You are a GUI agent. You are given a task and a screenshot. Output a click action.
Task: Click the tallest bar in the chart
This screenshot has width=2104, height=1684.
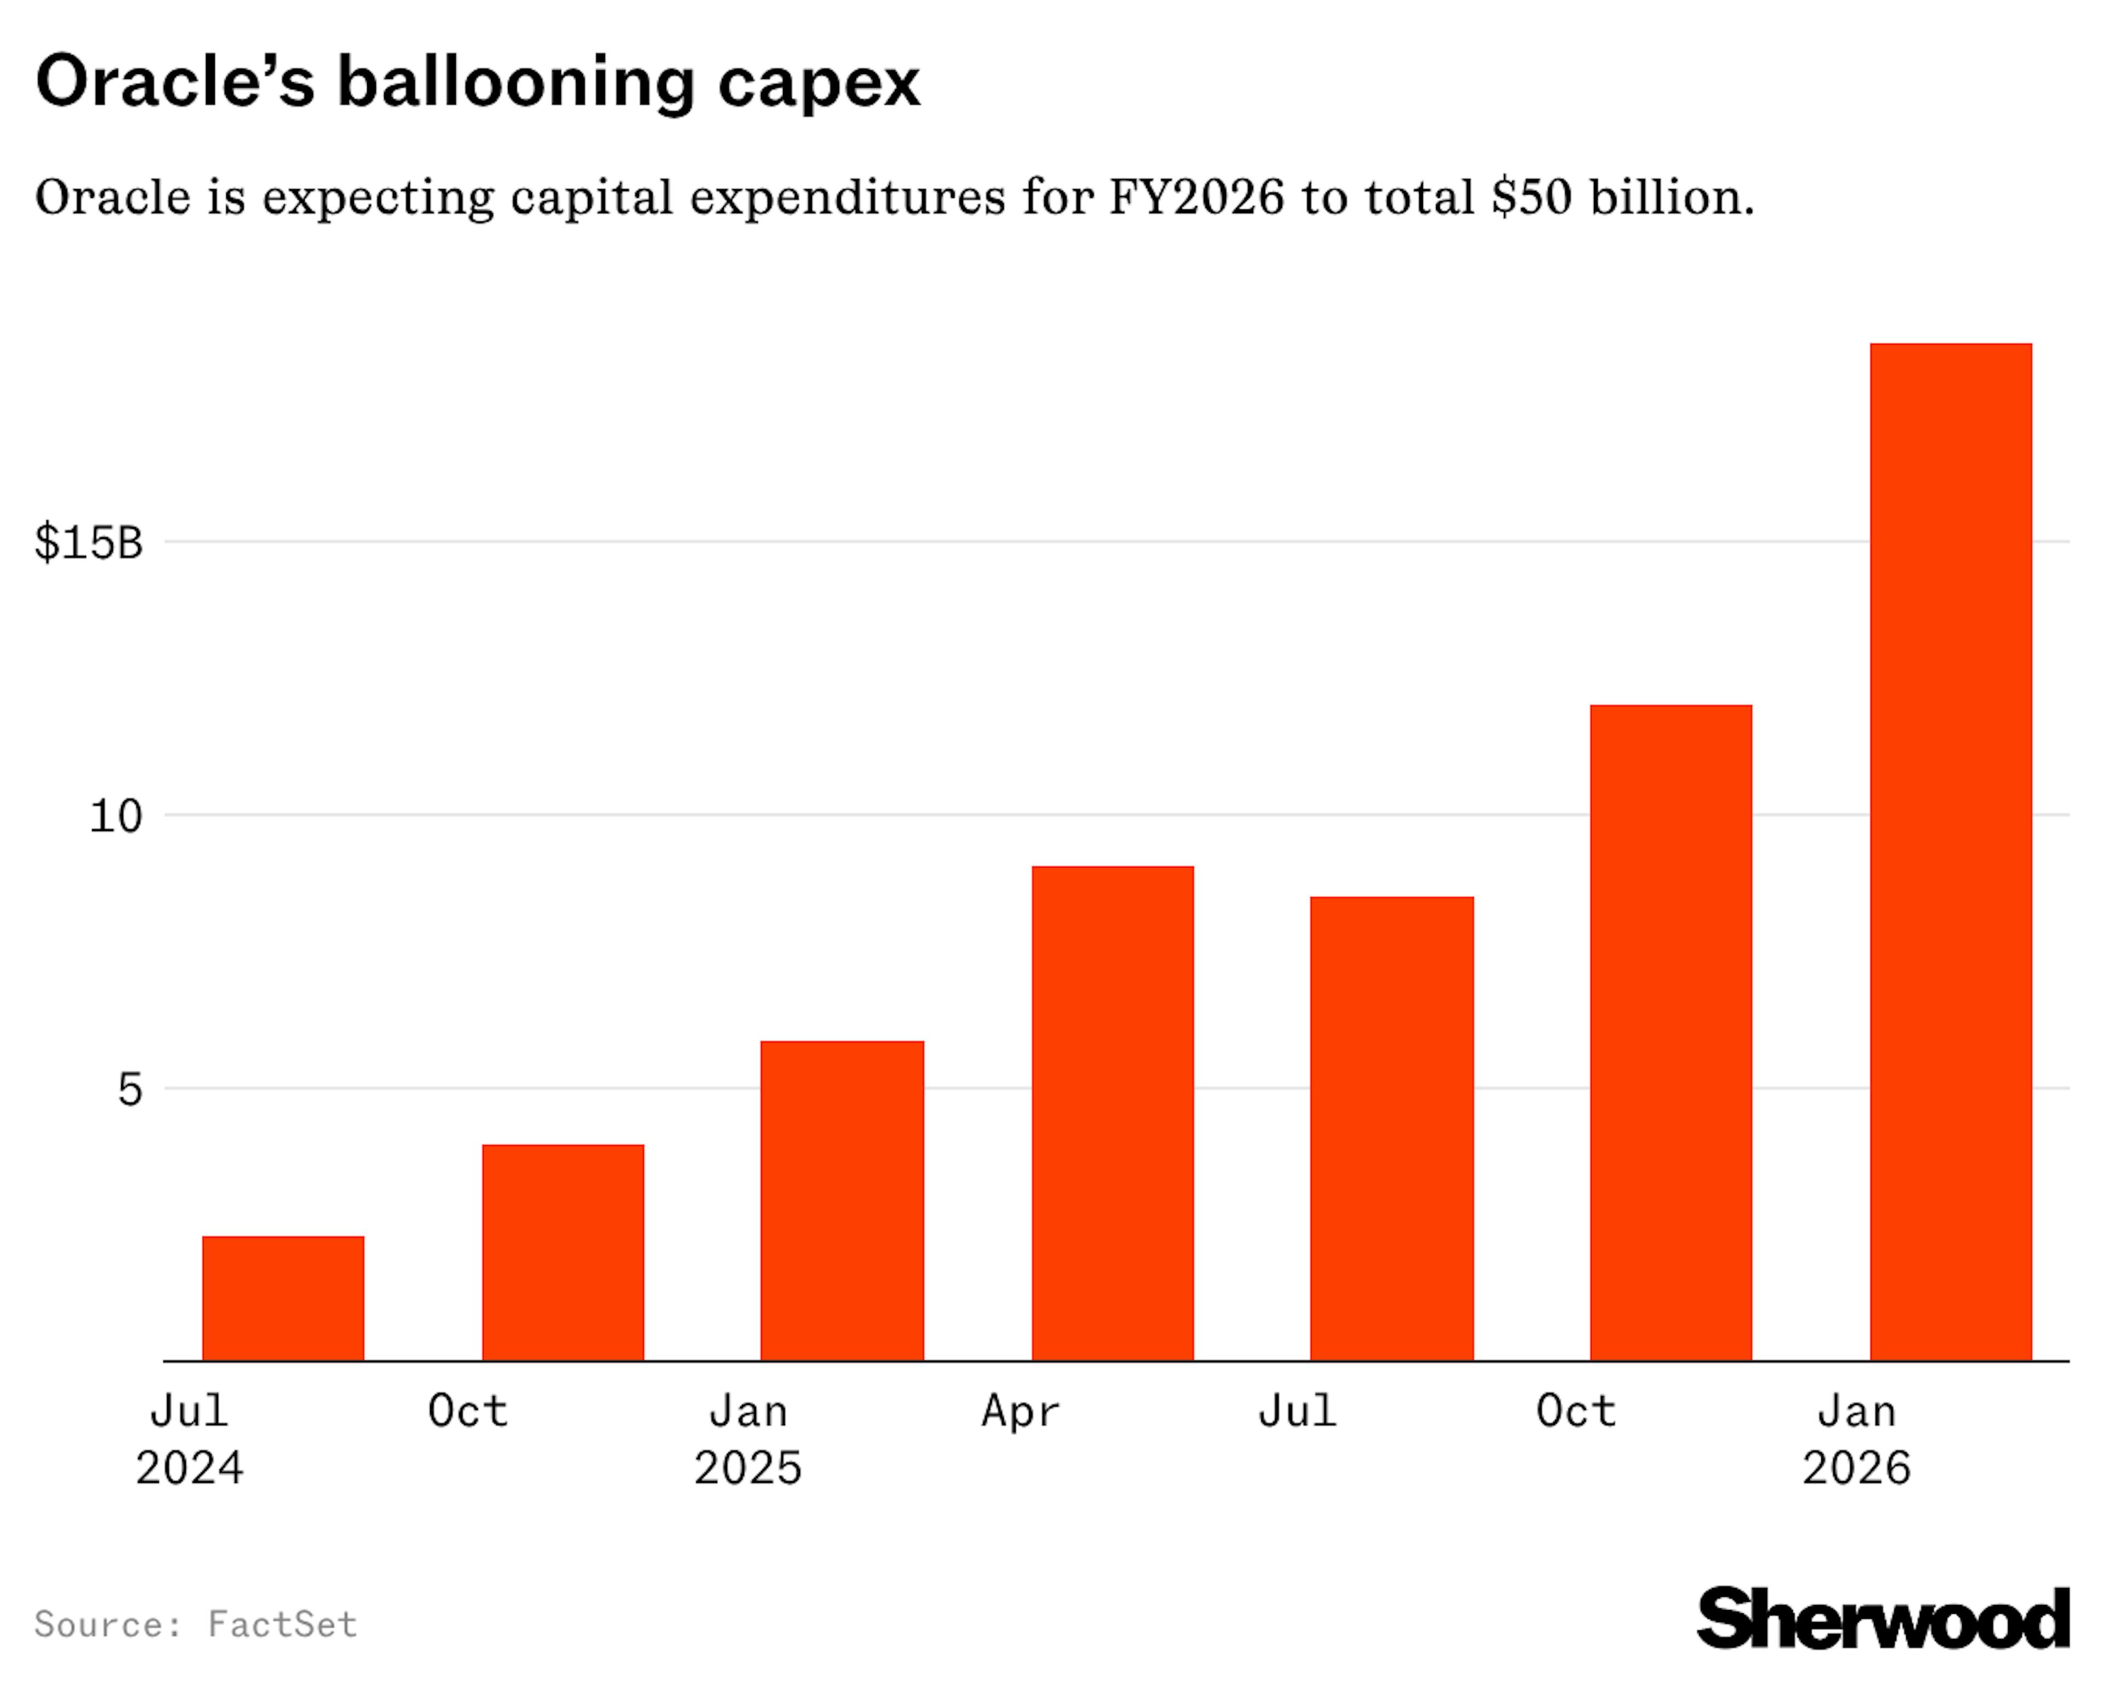click(x=1950, y=851)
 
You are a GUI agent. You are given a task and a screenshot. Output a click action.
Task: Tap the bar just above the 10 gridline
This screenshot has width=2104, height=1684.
click(x=1671, y=1032)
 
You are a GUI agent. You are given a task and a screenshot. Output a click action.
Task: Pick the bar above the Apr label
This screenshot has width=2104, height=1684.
click(x=1112, y=1113)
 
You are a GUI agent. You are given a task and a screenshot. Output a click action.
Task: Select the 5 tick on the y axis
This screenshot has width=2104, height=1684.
click(x=130, y=1089)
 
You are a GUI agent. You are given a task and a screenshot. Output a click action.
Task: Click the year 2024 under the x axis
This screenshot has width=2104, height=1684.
click(x=190, y=1468)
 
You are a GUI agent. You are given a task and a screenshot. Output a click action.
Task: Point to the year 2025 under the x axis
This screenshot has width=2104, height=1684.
click(x=747, y=1468)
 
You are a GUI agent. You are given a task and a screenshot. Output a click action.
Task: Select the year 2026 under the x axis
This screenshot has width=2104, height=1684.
click(x=1856, y=1468)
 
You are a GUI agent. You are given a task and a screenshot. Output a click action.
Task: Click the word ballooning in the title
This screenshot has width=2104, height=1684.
click(x=515, y=82)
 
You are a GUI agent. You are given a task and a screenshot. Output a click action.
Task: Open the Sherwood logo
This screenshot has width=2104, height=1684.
click(x=1883, y=1619)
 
